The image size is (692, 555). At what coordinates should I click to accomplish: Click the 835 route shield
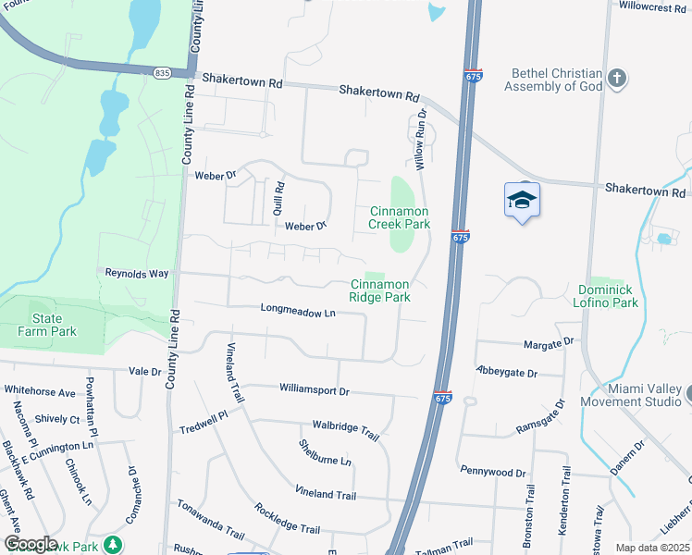coord(163,71)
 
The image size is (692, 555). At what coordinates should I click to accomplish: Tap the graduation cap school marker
coord(522,200)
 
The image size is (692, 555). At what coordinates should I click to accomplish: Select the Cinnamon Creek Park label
coord(400,217)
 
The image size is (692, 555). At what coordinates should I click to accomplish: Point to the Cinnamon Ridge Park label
coord(379,291)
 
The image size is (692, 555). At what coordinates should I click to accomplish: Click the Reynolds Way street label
coord(136,273)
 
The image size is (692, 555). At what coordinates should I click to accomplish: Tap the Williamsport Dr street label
coord(314,390)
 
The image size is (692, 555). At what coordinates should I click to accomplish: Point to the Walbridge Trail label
coord(346,432)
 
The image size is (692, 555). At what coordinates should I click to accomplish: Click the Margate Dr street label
coord(549,343)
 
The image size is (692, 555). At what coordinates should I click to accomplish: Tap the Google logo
coord(30,544)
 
